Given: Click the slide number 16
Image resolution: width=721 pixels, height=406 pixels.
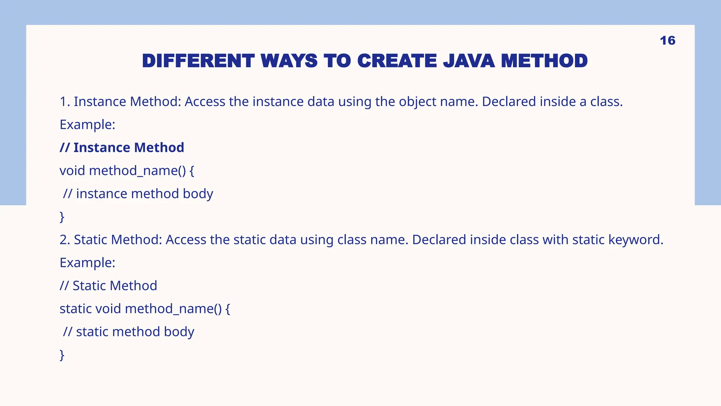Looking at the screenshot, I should (667, 41).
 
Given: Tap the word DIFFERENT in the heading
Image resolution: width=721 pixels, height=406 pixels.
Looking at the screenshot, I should (198, 61).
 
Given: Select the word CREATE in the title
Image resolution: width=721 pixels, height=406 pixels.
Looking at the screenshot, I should (397, 61).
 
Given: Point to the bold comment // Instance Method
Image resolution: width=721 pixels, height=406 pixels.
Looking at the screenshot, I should (122, 148).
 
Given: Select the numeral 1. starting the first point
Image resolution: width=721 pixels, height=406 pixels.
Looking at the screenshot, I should (65, 102).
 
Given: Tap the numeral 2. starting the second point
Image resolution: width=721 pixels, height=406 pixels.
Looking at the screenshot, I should (65, 240).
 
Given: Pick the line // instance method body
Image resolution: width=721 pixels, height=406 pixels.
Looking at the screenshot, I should (138, 194).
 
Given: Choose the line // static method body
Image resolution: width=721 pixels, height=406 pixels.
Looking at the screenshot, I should (128, 332).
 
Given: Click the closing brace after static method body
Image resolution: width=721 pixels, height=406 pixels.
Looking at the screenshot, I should (62, 355).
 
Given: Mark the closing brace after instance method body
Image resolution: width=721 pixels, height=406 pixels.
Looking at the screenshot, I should (62, 217).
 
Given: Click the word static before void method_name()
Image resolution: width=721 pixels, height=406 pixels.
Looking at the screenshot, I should (75, 309).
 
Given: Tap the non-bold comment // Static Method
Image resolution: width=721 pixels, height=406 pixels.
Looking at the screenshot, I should (108, 286).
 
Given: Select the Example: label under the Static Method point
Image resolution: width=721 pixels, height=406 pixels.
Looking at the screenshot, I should (87, 263).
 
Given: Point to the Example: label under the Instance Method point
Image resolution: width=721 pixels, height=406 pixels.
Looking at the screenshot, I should (87, 125).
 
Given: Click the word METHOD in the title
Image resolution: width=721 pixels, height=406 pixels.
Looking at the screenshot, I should (544, 61).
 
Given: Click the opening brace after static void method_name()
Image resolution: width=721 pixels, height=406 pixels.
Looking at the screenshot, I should (228, 309).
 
